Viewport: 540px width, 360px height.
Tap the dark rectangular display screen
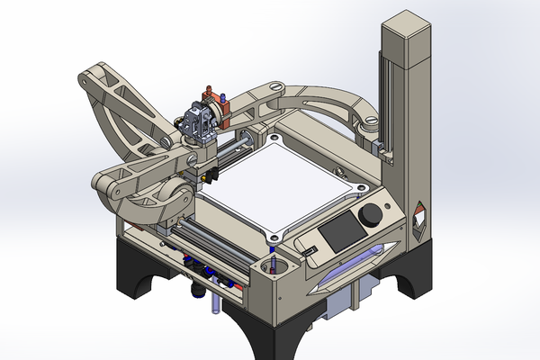[339, 233]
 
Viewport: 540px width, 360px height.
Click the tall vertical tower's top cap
[407, 28]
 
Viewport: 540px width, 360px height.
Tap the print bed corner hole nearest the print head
[269, 139]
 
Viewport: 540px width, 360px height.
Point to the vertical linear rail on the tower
[385, 99]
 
